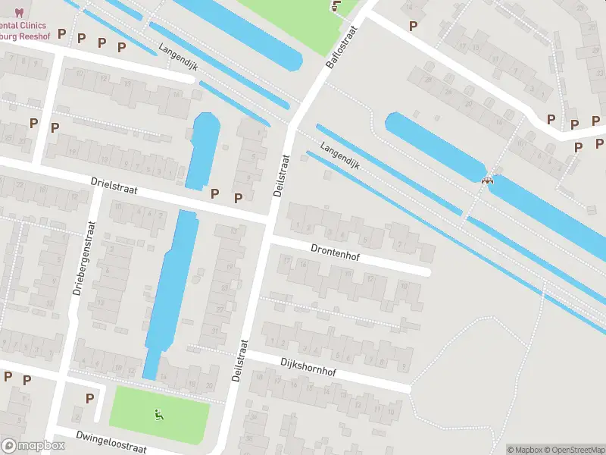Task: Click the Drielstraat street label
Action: tap(114, 187)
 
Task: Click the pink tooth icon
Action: tap(19, 13)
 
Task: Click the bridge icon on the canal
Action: tap(487, 180)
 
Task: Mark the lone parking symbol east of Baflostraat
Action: tap(413, 26)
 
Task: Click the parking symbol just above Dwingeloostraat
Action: tap(89, 399)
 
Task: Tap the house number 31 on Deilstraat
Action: tap(214, 331)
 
